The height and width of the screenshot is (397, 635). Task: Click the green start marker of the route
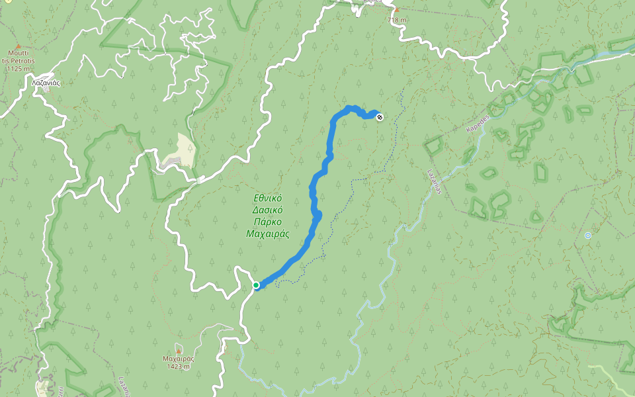pyautogui.click(x=256, y=285)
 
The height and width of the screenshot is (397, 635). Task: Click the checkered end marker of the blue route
pyautogui.click(x=380, y=118)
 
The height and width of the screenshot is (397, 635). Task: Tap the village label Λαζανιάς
pyautogui.click(x=46, y=83)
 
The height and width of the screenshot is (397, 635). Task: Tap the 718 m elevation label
pyautogui.click(x=397, y=20)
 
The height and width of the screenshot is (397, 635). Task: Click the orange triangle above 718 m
pyautogui.click(x=397, y=10)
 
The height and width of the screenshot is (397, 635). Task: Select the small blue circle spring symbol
pyautogui.click(x=587, y=235)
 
